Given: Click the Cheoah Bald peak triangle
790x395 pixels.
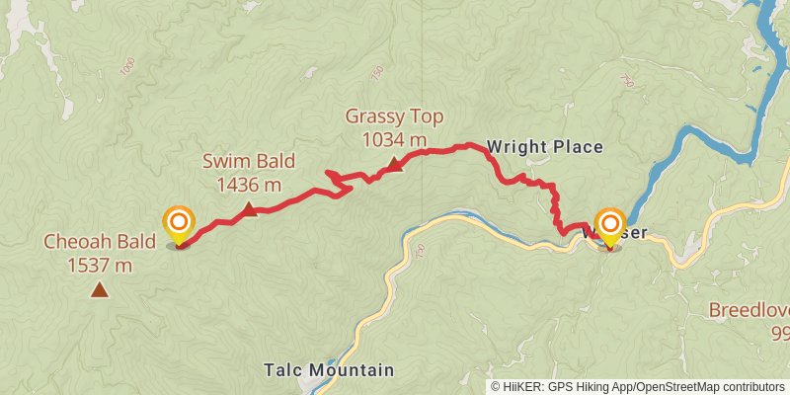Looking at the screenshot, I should pos(99,289).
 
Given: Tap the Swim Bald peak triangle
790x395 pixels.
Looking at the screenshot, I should pos(249,208).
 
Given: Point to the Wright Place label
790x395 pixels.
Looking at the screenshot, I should pos(544,147).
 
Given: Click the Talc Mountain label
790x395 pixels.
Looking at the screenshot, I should pos(329,370).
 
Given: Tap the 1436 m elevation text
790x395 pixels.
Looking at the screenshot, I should pos(249,185).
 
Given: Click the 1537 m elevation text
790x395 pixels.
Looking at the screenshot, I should pos(100,265).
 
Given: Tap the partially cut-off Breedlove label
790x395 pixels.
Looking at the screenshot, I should pos(749,310).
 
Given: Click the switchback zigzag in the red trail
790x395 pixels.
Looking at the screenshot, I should pos(341,183).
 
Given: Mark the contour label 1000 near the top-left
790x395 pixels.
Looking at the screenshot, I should pos(126,66).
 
